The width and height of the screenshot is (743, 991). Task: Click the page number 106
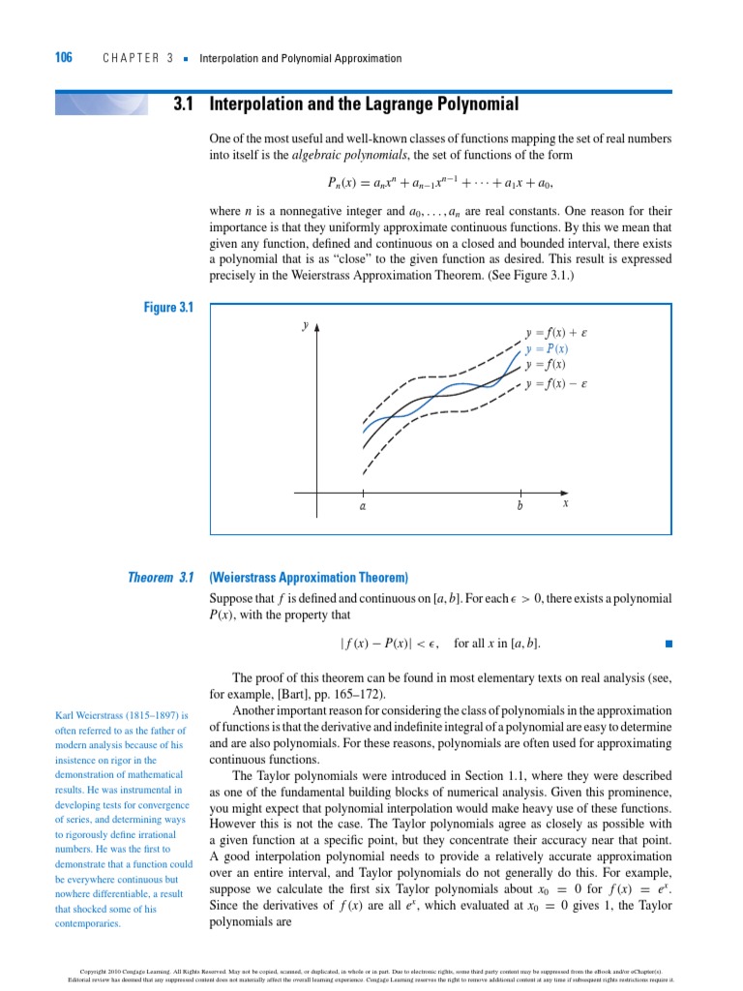[63, 58]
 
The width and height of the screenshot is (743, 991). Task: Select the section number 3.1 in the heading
[185, 104]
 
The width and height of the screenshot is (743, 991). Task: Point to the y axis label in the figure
[305, 326]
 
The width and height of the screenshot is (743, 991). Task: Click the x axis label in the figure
[566, 503]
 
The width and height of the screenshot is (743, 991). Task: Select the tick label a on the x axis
[363, 505]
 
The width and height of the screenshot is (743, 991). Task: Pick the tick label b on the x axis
[520, 505]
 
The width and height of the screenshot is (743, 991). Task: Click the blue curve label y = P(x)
[547, 348]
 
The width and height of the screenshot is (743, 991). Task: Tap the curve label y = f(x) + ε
[556, 332]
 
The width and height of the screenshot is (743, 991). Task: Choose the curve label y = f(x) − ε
[556, 384]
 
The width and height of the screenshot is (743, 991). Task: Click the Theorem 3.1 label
[162, 578]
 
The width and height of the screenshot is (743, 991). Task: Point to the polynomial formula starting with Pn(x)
[440, 182]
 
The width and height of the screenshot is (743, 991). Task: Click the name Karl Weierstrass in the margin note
[100, 716]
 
